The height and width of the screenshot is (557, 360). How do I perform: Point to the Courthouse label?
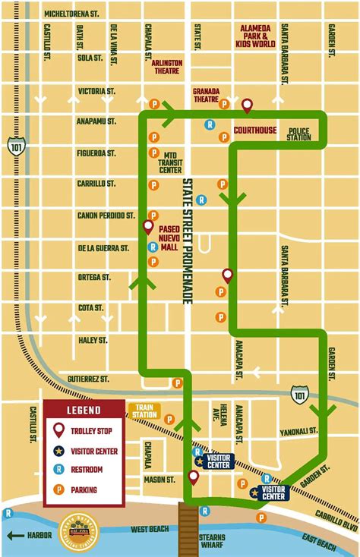254,130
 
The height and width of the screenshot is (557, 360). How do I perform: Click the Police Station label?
298,134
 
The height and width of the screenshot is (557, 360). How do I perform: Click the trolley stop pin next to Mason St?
194,477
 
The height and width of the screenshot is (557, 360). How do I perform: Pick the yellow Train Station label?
144,412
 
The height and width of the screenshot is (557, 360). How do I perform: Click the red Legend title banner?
83,411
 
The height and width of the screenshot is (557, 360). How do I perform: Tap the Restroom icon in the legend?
58,470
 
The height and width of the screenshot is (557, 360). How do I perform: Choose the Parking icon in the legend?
58,490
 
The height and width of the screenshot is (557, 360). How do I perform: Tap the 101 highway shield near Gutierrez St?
299,393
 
